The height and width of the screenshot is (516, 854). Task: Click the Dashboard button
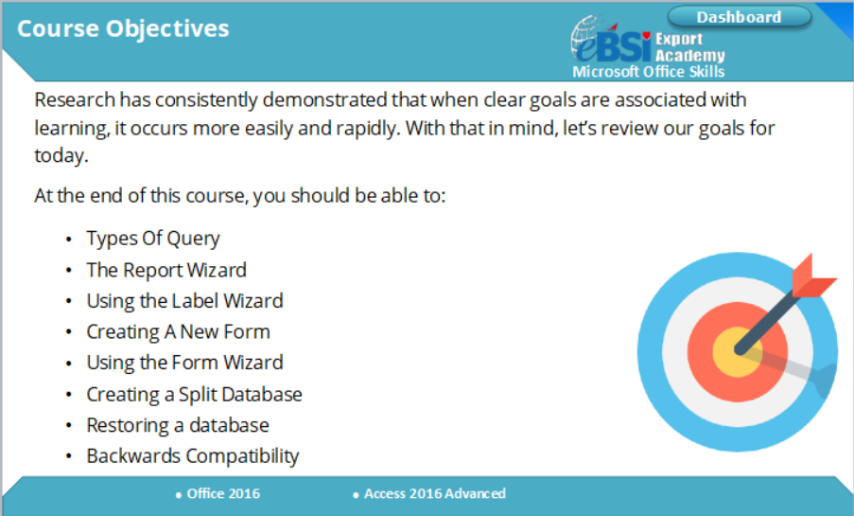(x=739, y=17)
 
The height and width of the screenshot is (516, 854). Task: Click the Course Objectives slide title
(x=123, y=28)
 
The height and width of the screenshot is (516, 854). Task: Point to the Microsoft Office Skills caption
(x=649, y=72)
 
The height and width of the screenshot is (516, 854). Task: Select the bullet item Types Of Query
(x=153, y=239)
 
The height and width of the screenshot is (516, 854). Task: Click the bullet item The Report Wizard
(x=166, y=270)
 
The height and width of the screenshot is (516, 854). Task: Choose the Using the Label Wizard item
(x=184, y=301)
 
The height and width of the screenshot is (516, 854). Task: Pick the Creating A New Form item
(x=178, y=332)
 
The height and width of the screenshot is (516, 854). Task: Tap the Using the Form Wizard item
(x=184, y=363)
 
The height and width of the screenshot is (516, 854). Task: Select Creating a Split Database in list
(x=194, y=394)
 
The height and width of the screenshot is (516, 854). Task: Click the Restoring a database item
(x=178, y=425)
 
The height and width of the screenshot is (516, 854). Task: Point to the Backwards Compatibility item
(x=193, y=456)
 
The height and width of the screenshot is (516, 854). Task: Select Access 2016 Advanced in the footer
(x=434, y=493)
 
